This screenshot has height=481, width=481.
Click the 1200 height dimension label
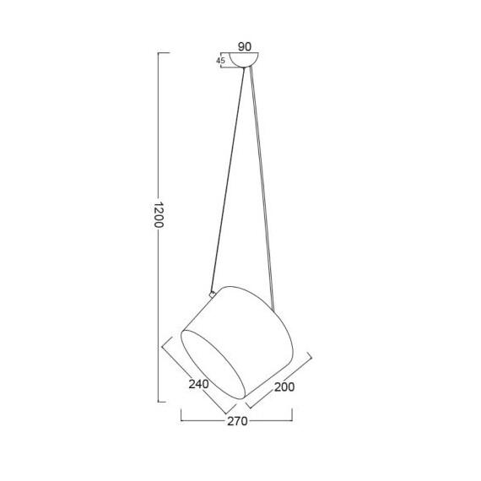pos(159,214)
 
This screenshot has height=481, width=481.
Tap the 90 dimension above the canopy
pos(245,46)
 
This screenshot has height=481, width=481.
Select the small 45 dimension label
pos(220,61)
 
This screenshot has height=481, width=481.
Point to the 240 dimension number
pos(198,384)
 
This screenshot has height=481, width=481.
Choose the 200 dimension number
pos(284,387)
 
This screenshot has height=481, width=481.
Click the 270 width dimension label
pos(237,421)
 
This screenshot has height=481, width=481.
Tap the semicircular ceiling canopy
pos(244,60)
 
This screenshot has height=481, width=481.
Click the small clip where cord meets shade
pos(212,295)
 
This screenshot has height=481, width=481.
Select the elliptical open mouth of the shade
pos(213,365)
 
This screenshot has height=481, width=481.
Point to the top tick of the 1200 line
pos(164,53)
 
